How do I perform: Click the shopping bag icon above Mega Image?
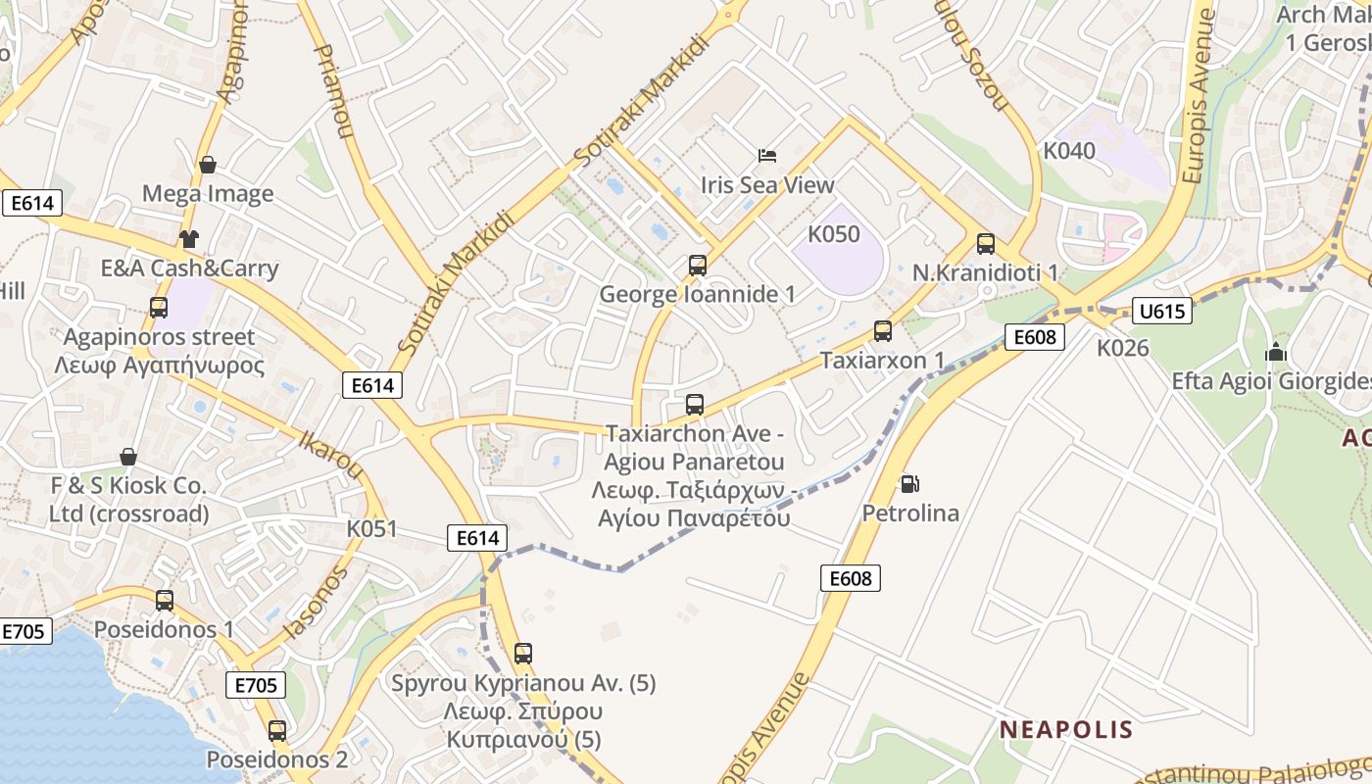pyautogui.click(x=208, y=165)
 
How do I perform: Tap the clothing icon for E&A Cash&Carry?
pyautogui.click(x=188, y=239)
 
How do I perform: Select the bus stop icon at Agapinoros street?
pyautogui.click(x=159, y=308)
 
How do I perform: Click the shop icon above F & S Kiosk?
pyautogui.click(x=128, y=457)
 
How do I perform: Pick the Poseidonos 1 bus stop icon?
pyautogui.click(x=165, y=600)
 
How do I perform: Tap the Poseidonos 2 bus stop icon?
pyautogui.click(x=277, y=730)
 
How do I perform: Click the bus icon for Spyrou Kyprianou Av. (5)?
pyautogui.click(x=523, y=653)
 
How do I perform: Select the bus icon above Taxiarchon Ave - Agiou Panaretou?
pyautogui.click(x=695, y=404)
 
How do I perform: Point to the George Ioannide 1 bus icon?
pyautogui.click(x=698, y=265)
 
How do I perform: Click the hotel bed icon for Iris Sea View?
pyautogui.click(x=767, y=156)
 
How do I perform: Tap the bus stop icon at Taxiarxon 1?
pyautogui.click(x=883, y=331)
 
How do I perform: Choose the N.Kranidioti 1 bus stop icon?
pyautogui.click(x=986, y=244)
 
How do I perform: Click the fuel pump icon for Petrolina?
pyautogui.click(x=910, y=483)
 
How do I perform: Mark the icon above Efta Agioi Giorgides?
pyautogui.click(x=1276, y=352)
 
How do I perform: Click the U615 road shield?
pyautogui.click(x=1161, y=312)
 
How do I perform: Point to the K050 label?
pyautogui.click(x=833, y=234)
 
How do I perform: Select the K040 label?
pyautogui.click(x=1069, y=151)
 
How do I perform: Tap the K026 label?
pyautogui.click(x=1122, y=348)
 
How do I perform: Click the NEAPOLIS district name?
pyautogui.click(x=1066, y=730)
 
